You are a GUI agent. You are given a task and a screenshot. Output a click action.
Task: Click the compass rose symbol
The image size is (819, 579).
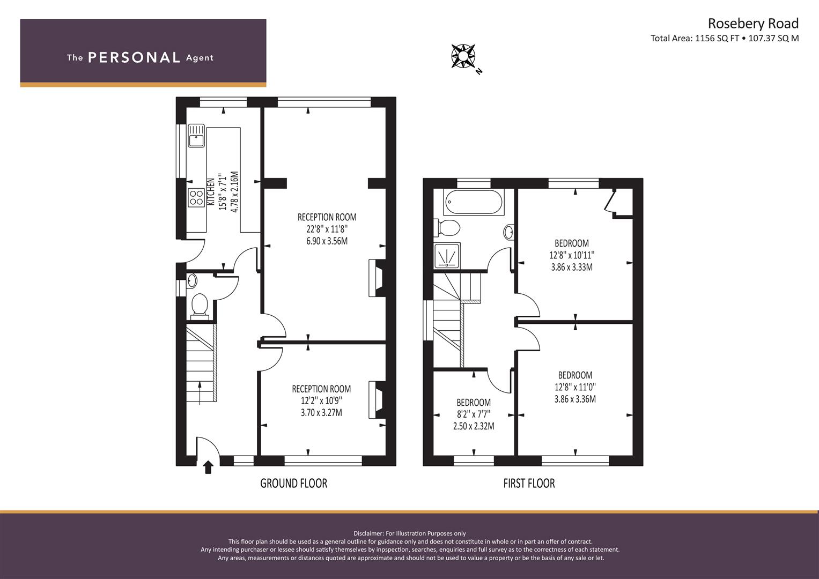pyautogui.click(x=463, y=56)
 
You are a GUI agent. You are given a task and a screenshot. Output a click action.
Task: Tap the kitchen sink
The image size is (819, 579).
pyautogui.click(x=196, y=135)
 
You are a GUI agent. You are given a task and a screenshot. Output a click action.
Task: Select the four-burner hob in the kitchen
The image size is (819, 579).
pyautogui.click(x=196, y=197)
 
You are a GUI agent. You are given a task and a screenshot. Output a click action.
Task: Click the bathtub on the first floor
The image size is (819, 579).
pyautogui.click(x=474, y=202)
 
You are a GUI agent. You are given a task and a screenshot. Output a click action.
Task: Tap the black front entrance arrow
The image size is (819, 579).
pyautogui.click(x=208, y=467)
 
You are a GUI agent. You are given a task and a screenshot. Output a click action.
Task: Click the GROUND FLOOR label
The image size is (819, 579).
pyautogui.click(x=293, y=483)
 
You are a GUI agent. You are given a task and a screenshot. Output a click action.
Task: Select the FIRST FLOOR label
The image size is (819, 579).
pyautogui.click(x=529, y=483)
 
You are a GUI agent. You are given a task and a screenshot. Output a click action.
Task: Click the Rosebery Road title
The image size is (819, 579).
pyautogui.click(x=753, y=24)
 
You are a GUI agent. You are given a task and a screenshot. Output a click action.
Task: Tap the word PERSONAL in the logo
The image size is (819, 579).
pyautogui.click(x=134, y=57)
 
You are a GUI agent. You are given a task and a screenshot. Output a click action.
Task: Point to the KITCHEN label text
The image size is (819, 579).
pyautogui.click(x=211, y=191)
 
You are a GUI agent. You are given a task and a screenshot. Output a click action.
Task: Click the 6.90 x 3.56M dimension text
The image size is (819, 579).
pyautogui.click(x=327, y=241)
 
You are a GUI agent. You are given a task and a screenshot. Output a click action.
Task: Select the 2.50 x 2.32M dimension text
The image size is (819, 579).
pyautogui.click(x=474, y=426)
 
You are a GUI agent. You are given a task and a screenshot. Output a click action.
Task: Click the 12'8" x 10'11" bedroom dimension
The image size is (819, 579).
pyautogui.click(x=572, y=255)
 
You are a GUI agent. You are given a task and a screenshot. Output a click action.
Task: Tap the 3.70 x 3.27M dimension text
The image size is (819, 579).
pyautogui.click(x=321, y=413)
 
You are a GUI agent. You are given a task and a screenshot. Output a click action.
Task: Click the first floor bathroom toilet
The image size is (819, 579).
pyautogui.click(x=447, y=228)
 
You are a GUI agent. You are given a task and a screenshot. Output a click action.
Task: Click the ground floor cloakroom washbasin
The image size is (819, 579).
pyautogui.click(x=192, y=281)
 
